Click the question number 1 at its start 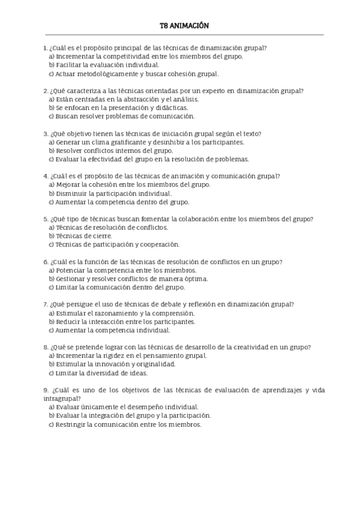coord(46,47)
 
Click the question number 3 coord(46,134)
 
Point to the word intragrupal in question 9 coord(60,399)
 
